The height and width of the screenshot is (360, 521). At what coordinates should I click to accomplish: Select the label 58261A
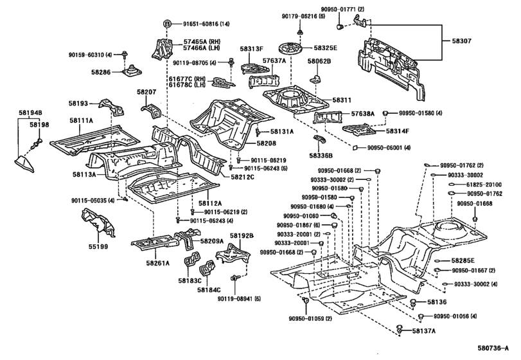point(157,263)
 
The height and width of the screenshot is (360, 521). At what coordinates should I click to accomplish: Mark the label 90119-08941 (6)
point(256,298)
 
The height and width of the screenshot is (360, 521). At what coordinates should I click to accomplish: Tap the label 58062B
point(319,61)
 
